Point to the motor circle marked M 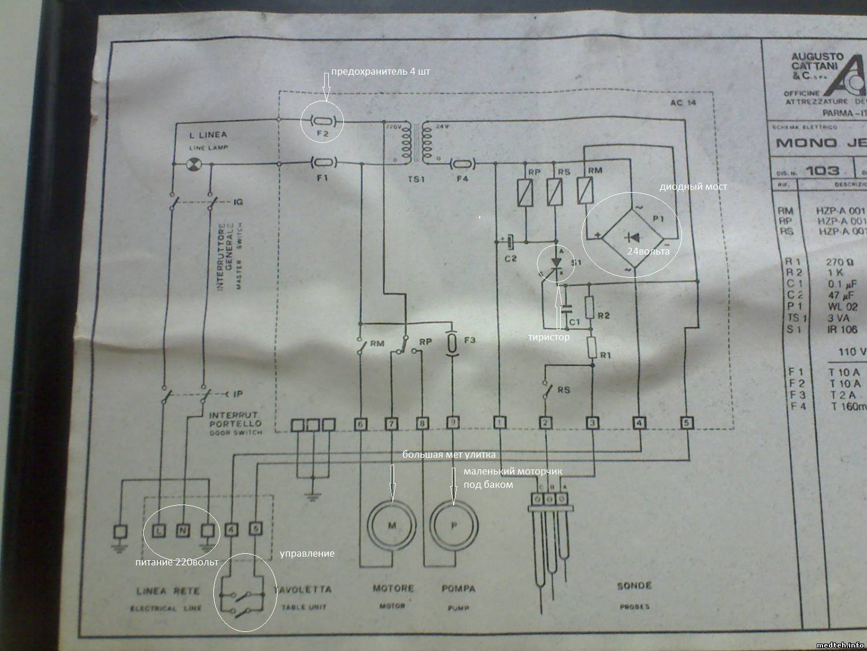pyautogui.click(x=392, y=525)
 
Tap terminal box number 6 pyautogui.click(x=361, y=424)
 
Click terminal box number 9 pyautogui.click(x=454, y=424)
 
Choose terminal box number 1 pyautogui.click(x=500, y=423)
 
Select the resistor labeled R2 pyautogui.click(x=590, y=307)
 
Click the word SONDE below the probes pyautogui.click(x=634, y=586)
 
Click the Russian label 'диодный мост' pyautogui.click(x=694, y=187)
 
